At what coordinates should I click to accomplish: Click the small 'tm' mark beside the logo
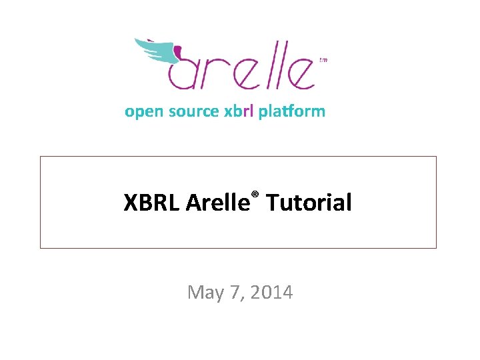[324, 60]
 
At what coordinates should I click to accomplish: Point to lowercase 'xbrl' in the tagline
[238, 111]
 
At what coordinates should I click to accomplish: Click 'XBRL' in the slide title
[151, 203]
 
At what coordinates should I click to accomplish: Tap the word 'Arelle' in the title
[217, 203]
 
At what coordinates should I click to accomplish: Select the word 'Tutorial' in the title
[309, 203]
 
